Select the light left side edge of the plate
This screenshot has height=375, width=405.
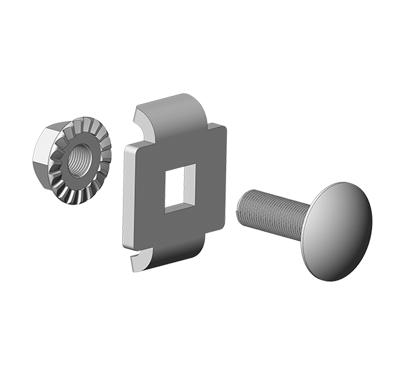click(x=127, y=196)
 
